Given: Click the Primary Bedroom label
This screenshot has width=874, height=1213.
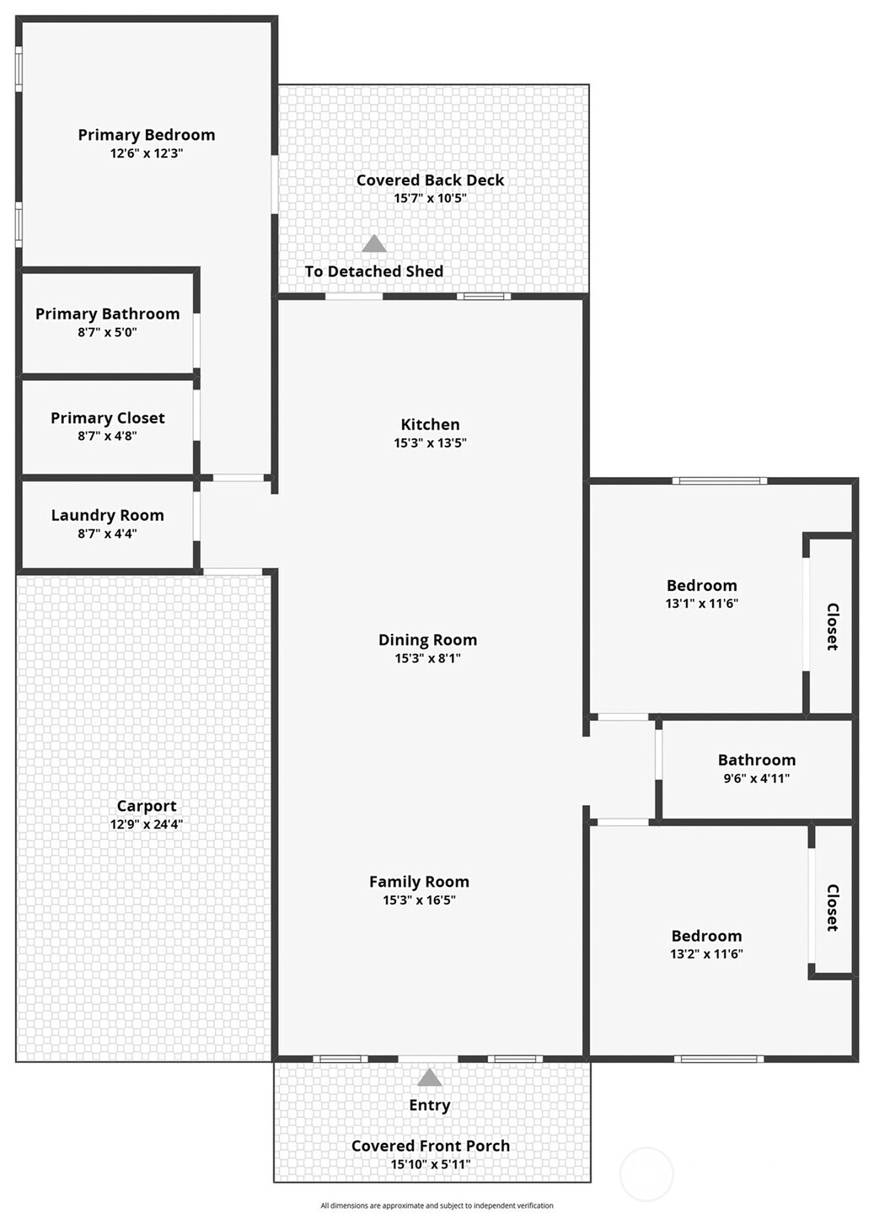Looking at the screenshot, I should point(146,135).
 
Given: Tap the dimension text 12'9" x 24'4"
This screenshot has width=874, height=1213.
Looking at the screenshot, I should point(146,824).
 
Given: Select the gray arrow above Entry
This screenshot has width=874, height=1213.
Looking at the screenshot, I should point(430,1077).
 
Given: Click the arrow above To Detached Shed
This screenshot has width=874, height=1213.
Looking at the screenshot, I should point(374,244).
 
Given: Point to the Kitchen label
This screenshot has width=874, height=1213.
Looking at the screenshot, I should point(430,425).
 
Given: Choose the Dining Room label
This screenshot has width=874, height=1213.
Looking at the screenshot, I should point(427,641).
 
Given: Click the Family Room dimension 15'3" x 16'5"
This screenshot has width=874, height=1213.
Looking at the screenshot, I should point(419,900).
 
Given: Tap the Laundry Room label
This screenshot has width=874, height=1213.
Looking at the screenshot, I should point(107,515).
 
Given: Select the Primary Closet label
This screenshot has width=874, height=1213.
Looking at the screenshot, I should point(107,418).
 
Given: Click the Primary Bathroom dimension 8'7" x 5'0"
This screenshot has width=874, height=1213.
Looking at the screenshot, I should point(107,332).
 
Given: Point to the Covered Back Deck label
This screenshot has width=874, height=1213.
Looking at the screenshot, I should point(430,180).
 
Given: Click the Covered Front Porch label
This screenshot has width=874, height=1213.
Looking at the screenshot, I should point(430,1146).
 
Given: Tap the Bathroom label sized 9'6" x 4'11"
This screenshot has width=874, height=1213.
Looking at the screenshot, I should point(756,760).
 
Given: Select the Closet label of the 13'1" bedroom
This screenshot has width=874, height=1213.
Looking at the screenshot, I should point(832,626).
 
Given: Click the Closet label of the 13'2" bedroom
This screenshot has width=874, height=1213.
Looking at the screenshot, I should point(832,907).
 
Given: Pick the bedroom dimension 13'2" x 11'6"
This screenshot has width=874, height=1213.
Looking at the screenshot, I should point(706,954).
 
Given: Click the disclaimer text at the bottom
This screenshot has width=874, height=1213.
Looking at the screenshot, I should point(437,1205).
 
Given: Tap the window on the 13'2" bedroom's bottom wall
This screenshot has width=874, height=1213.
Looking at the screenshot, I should point(719,1059).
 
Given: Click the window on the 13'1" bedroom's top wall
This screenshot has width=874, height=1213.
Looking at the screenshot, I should point(719,481).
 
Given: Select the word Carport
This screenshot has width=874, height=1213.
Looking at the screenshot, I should point(146,806).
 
